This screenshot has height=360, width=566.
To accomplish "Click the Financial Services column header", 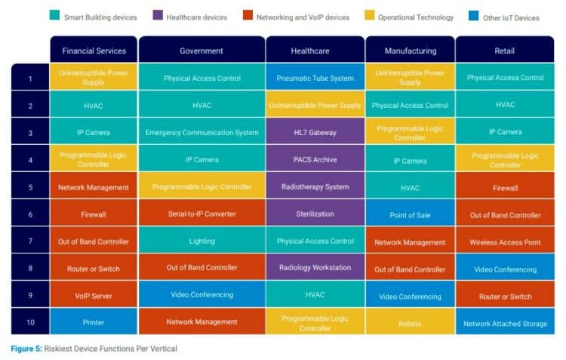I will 94,51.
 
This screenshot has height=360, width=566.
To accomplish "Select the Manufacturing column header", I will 410,51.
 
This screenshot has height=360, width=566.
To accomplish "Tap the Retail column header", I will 505,51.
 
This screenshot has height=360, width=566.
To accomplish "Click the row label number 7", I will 30,242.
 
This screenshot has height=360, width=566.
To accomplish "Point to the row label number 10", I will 30,322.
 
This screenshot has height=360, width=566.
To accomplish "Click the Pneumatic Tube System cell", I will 315,78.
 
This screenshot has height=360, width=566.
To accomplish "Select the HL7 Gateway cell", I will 315,132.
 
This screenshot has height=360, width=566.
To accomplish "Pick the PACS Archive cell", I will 315,159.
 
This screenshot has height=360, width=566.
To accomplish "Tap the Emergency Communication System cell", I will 201,132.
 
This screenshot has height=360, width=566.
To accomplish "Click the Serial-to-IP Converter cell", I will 201,214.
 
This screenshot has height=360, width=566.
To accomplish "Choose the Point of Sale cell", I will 410,214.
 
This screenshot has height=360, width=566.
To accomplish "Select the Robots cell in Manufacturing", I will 410,322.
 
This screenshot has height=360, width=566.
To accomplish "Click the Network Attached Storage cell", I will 505,322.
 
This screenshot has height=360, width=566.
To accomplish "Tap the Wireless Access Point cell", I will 505,242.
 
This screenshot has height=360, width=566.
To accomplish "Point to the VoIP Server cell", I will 94,296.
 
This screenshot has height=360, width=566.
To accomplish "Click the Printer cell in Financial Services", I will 94,322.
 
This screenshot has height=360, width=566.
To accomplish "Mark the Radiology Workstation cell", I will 315,269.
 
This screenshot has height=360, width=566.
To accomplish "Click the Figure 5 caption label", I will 31,348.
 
